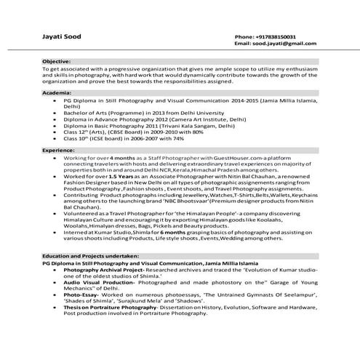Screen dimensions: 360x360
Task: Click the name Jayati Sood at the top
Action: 60,36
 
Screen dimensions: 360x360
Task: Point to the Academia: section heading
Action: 56,95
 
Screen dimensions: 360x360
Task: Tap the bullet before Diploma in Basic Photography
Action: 55,125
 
